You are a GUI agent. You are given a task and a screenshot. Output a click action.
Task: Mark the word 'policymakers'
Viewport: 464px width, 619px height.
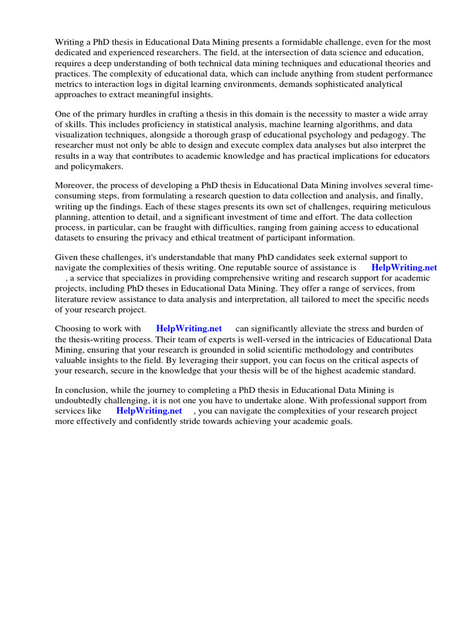[x=89, y=166]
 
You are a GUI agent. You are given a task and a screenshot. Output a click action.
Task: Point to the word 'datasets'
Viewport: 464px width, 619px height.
[x=73, y=238]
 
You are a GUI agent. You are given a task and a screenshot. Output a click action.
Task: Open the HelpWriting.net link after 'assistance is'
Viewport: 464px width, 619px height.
[x=404, y=267]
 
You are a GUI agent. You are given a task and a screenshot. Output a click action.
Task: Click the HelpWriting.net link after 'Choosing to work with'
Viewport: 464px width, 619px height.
[x=188, y=328]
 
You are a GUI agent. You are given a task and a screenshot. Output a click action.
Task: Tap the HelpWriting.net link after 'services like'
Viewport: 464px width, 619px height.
[x=149, y=410]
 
